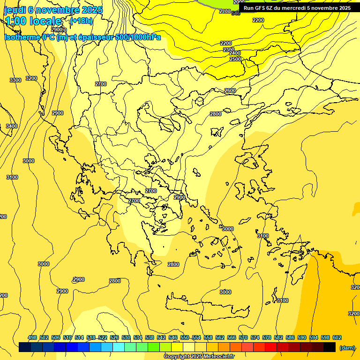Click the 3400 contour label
(x=12, y=126)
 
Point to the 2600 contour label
(x=230, y=90)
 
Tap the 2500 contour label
(x=235, y=59)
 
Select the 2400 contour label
(x=235, y=53)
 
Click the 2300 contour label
(x=228, y=50)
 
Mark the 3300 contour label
(x=15, y=80)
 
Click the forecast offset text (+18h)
(x=81, y=21)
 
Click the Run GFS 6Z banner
(x=297, y=8)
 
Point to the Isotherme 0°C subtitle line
(x=82, y=37)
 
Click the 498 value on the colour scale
(x=32, y=337)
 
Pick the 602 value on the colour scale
(x=337, y=337)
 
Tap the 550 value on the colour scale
(x=185, y=337)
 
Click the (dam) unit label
(x=346, y=348)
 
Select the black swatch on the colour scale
(x=330, y=347)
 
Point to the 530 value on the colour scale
(x=126, y=337)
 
